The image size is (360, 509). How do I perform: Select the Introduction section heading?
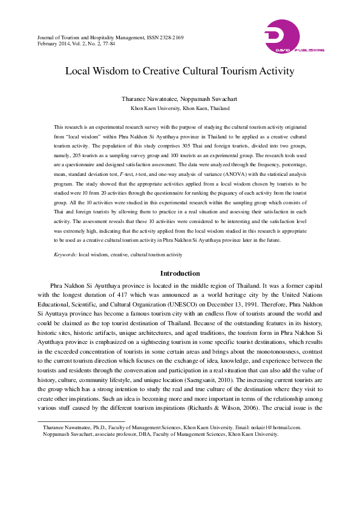click(x=180, y=274)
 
